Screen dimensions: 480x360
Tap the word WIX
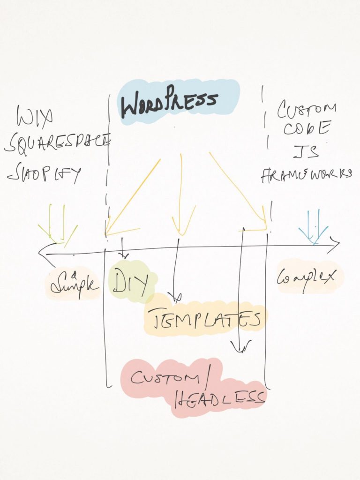tap(34, 117)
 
